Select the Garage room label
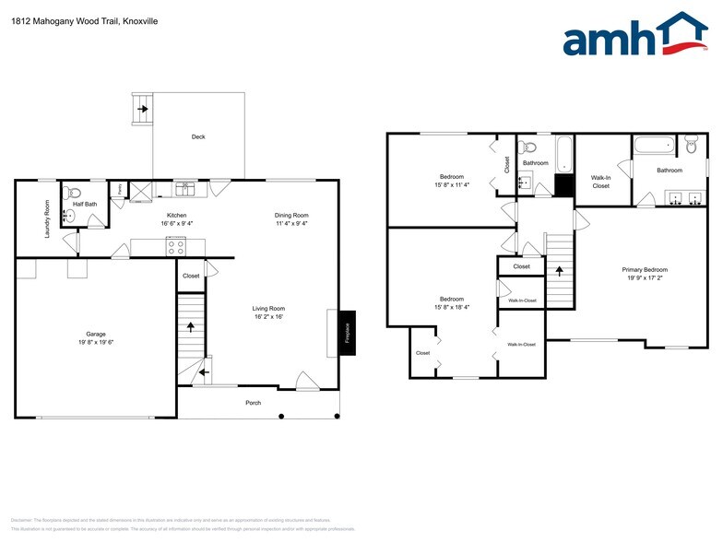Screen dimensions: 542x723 (x=96, y=334)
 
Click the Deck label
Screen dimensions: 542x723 (x=198, y=136)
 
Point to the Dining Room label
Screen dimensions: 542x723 (x=290, y=215)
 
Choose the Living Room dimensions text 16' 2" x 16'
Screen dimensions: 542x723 (x=268, y=316)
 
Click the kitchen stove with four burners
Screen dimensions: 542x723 (x=175, y=246)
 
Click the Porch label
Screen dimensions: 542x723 (x=253, y=403)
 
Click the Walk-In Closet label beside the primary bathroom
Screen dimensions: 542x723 (x=600, y=182)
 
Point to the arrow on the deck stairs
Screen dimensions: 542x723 (x=143, y=108)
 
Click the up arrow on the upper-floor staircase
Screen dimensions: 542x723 (x=560, y=271)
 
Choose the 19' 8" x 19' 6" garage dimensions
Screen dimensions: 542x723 (x=96, y=342)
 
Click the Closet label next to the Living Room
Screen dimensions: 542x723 (x=191, y=276)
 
